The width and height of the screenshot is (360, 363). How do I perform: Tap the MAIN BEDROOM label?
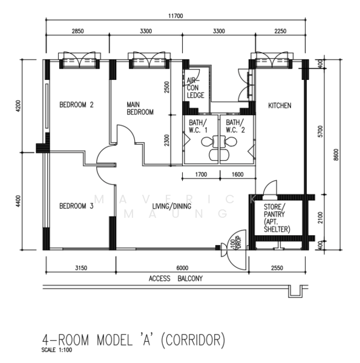click(x=140, y=108)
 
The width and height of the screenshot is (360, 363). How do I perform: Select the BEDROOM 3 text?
click(x=76, y=206)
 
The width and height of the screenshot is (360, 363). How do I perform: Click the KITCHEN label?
click(x=280, y=106)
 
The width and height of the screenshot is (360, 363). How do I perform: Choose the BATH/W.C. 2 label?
click(x=235, y=126)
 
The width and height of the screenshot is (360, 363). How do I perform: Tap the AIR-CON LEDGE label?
click(x=195, y=88)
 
